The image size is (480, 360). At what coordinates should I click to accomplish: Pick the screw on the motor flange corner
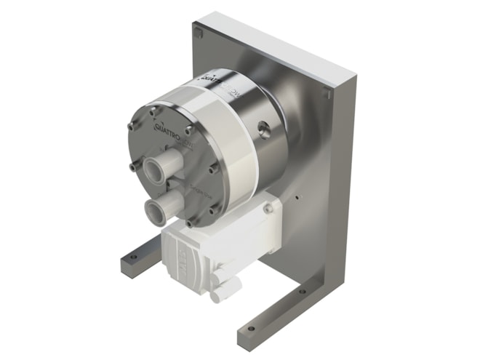pyautogui.click(x=269, y=209)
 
